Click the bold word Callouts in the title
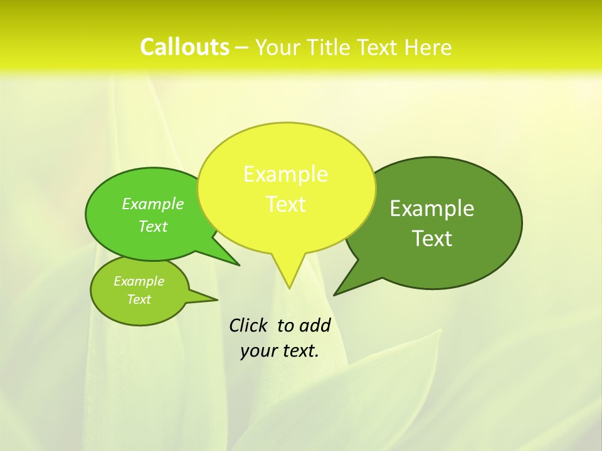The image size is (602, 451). [184, 47]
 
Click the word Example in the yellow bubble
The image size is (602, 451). [285, 174]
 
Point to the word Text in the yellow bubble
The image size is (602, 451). [286, 204]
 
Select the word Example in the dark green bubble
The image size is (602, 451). [432, 209]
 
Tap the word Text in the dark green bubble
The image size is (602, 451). [433, 239]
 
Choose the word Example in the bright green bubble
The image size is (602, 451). [152, 204]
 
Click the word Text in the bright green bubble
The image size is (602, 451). [153, 227]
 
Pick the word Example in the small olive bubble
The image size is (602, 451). [139, 281]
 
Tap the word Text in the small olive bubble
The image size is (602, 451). [139, 299]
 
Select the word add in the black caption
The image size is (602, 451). [314, 325]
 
